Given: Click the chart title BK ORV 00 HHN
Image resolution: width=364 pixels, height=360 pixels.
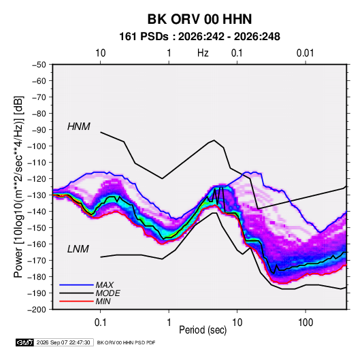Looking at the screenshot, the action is [199, 19].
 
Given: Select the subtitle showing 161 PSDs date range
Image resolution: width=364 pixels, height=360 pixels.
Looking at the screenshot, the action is [199, 37].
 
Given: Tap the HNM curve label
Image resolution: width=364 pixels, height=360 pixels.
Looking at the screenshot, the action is [79, 127].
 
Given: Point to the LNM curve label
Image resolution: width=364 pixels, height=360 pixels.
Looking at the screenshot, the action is [78, 249].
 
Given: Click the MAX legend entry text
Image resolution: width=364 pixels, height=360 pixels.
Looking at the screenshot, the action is [105, 285].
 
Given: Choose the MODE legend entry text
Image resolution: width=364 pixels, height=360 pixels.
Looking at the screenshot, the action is [107, 293].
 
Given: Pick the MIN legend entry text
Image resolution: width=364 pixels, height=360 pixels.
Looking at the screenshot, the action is [103, 301].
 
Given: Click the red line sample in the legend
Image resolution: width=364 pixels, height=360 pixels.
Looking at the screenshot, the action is [76, 301].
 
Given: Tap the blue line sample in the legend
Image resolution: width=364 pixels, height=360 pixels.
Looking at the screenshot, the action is [76, 285].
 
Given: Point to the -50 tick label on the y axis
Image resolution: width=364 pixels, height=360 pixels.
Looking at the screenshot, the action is [39, 65].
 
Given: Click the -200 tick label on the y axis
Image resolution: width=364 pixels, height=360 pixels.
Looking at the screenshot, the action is [37, 310].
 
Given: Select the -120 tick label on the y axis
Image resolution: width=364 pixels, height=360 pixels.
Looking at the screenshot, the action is [37, 179].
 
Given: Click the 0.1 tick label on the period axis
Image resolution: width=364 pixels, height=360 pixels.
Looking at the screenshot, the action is [100, 323].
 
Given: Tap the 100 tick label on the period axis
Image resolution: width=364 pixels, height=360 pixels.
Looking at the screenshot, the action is [305, 323].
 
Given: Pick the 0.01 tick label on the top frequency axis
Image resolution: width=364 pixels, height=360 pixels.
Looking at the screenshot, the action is [305, 53].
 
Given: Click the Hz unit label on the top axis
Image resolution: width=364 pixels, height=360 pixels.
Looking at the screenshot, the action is [203, 53].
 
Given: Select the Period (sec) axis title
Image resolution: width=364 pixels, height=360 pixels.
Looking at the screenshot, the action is [203, 330].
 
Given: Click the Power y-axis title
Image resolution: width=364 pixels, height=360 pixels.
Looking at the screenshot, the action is [18, 186].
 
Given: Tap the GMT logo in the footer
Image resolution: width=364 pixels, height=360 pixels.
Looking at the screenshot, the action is [25, 342].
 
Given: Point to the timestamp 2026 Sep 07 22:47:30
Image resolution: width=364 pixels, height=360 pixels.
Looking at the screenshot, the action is [63, 342].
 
